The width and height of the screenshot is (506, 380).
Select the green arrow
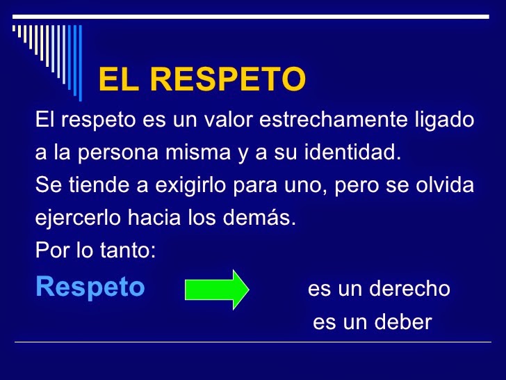pos(217,288)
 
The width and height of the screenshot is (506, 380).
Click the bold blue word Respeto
pos(90,287)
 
